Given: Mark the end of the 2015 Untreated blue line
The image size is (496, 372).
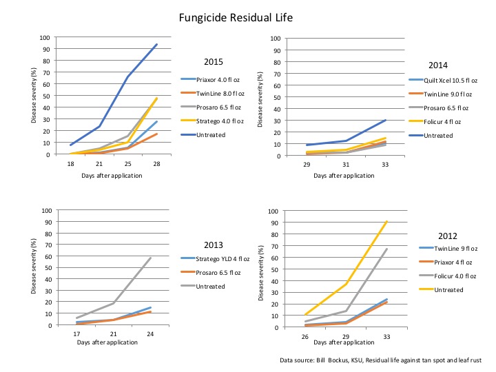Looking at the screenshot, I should click(157, 45).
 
